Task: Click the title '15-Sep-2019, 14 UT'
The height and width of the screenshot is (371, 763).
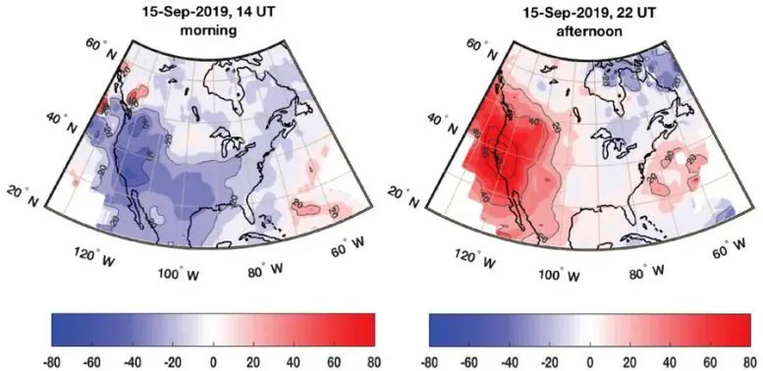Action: click(199, 11)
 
